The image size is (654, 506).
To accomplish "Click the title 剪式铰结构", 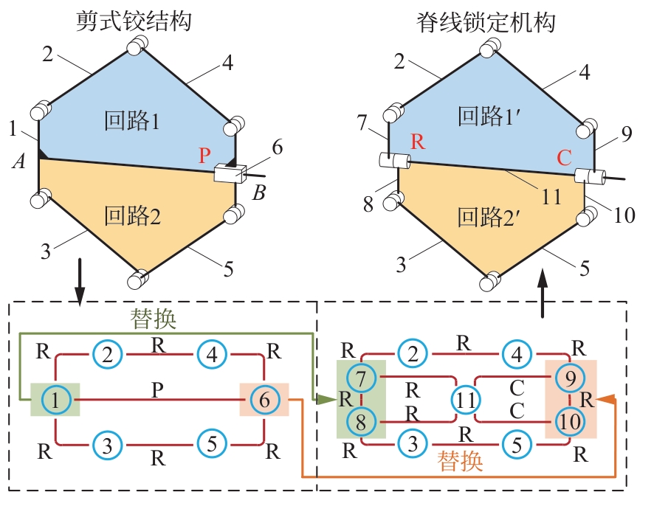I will (x=134, y=21).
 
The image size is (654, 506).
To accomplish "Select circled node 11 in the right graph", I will (x=465, y=400).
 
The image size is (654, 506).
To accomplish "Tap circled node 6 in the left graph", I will (x=264, y=400).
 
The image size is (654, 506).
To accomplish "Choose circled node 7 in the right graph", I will (x=361, y=378).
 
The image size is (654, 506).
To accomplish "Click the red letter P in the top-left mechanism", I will (x=204, y=156).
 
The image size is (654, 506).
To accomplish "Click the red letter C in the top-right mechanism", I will (x=564, y=157).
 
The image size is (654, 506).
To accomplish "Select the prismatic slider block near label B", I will (x=230, y=173).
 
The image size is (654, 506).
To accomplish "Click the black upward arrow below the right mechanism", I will (x=544, y=292).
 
